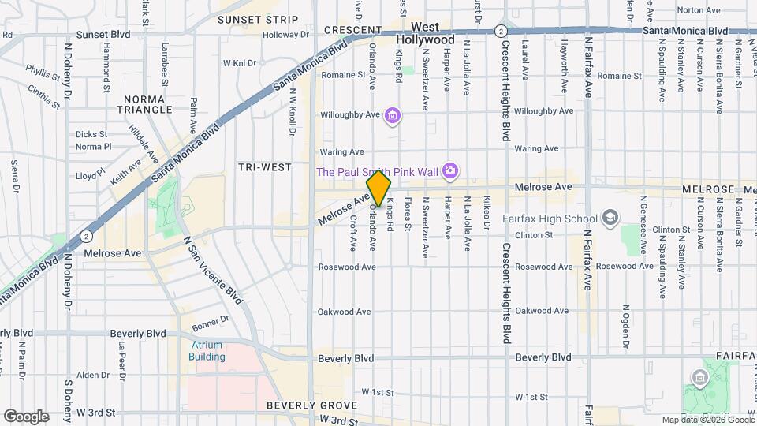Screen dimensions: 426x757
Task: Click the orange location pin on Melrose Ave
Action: tap(378, 189)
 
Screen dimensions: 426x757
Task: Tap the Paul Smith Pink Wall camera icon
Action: tap(450, 170)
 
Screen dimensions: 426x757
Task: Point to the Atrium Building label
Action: tap(207, 350)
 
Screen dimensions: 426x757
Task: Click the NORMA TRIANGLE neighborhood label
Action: tap(143, 104)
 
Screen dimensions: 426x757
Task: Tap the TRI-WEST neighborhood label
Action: tap(264, 167)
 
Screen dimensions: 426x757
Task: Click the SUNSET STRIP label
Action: tap(247, 19)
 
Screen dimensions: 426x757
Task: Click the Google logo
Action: tap(25, 416)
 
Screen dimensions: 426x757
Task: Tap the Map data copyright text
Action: tap(707, 420)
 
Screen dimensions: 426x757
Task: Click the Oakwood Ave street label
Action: tap(344, 312)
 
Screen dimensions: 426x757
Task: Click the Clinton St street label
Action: tap(533, 235)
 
